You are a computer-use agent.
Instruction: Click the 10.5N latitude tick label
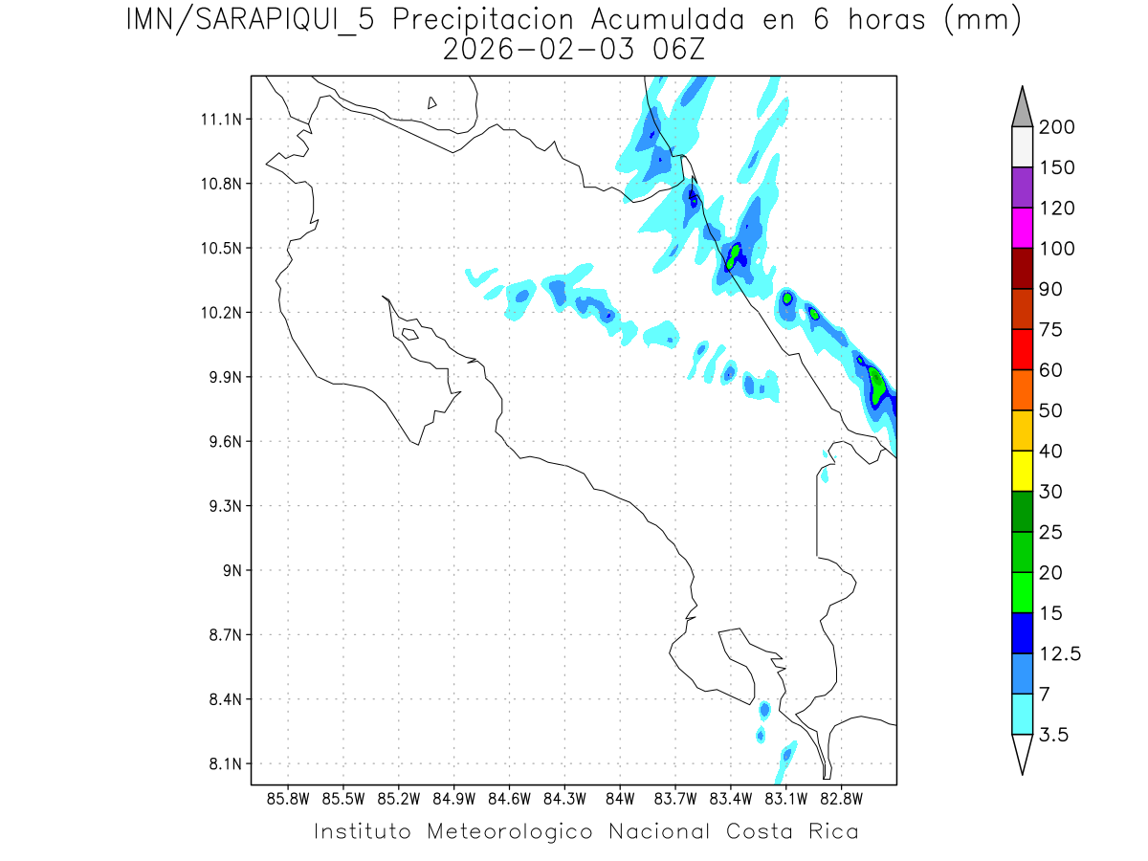[223, 248]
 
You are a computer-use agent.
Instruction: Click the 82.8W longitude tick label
[842, 798]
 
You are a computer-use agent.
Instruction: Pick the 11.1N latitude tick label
[223, 120]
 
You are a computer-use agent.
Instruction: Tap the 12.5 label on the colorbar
[1059, 653]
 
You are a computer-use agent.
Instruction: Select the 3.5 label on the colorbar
[1053, 735]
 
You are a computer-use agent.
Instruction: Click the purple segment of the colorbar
[1022, 188]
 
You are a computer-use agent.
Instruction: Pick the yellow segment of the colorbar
[1022, 471]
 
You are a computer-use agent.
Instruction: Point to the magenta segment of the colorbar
[1022, 228]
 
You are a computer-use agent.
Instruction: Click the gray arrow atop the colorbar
[1022, 107]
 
